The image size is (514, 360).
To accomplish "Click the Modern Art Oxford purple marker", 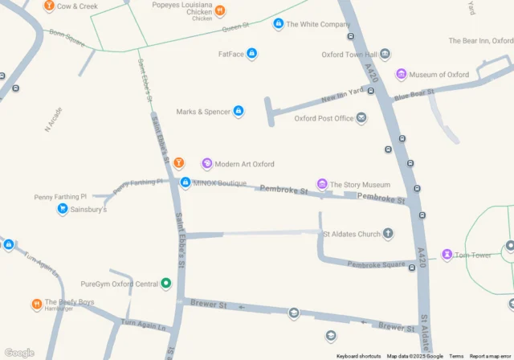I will click(x=207, y=164).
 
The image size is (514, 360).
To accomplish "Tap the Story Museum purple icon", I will click(x=322, y=185).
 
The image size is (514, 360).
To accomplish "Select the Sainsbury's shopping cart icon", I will click(x=62, y=209).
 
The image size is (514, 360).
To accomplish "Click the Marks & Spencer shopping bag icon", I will click(x=239, y=111).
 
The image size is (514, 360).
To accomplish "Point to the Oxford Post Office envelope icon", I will click(x=361, y=118).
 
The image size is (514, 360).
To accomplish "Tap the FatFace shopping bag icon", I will click(x=251, y=54).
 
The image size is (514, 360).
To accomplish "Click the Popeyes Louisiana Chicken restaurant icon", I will click(x=220, y=11).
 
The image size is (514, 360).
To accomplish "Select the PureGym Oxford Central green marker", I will click(x=166, y=283).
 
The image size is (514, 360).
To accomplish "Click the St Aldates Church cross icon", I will click(x=389, y=234).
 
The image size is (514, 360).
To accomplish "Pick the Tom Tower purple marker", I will click(x=447, y=255).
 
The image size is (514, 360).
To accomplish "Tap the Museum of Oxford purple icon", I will click(x=401, y=75).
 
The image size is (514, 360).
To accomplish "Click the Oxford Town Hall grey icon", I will click(x=385, y=55).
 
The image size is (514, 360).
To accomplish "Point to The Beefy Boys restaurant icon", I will click(x=37, y=305).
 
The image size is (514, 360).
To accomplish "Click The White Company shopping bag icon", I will click(x=278, y=24).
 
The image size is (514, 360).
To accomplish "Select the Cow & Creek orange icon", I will click(x=49, y=6).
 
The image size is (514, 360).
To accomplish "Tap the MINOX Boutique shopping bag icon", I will click(x=186, y=183).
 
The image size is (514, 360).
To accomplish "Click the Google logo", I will click(x=19, y=353).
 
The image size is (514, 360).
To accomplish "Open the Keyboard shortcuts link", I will click(x=359, y=356).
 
